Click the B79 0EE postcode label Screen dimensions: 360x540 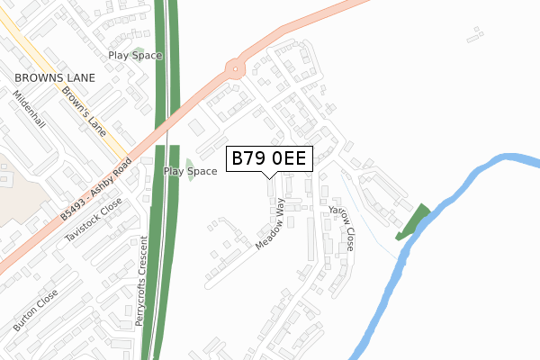tap(270, 159)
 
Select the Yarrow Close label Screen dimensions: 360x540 tap(342, 226)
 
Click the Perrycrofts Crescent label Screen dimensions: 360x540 tap(140, 269)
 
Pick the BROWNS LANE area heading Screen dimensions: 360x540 tap(49, 78)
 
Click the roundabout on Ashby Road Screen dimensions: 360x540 tap(236, 67)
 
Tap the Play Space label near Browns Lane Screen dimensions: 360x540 tap(135, 56)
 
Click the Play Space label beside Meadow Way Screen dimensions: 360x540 tap(190, 171)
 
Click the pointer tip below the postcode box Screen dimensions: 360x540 tap(270, 177)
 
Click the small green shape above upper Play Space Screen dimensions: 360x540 tap(139, 49)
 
